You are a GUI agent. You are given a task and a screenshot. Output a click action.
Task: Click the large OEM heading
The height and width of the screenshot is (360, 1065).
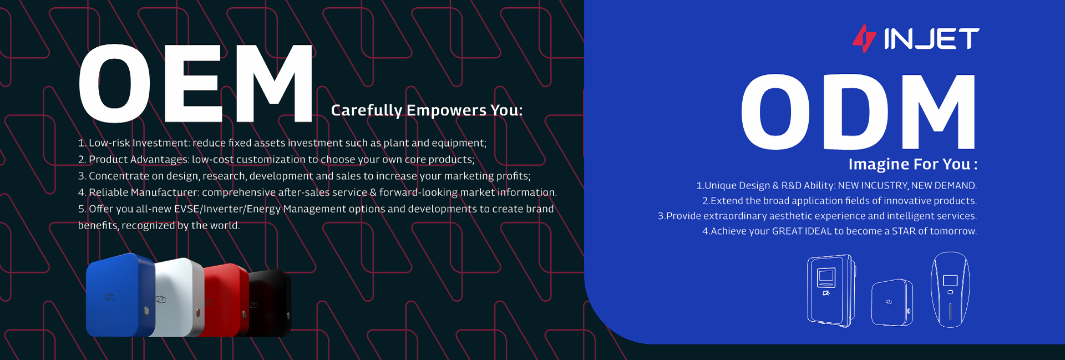(196, 83)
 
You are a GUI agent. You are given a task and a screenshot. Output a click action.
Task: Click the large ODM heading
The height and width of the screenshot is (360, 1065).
(859, 111)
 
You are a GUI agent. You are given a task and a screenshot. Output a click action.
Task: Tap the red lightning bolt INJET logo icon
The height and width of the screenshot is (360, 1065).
(864, 38)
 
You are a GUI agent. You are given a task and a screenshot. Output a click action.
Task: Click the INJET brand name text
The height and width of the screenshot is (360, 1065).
(931, 39)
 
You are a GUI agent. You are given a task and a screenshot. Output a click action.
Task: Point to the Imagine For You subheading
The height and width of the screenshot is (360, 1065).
(912, 164)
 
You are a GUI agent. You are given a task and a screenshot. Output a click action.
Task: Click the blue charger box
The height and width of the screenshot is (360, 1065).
(120, 295)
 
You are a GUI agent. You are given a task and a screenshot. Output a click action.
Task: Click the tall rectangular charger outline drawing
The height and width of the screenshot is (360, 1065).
(831, 291)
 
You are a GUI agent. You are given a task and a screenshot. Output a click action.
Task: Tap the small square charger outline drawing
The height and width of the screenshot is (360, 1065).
(892, 302)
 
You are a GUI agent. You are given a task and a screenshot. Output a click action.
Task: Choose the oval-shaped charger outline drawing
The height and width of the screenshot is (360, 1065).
(950, 289)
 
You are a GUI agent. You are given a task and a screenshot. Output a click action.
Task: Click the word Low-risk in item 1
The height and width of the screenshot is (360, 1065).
(109, 143)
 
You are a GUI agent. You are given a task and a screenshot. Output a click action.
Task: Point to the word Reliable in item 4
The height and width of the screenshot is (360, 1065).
(109, 192)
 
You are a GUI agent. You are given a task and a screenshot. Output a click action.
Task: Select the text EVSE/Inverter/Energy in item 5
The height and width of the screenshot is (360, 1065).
(227, 209)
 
